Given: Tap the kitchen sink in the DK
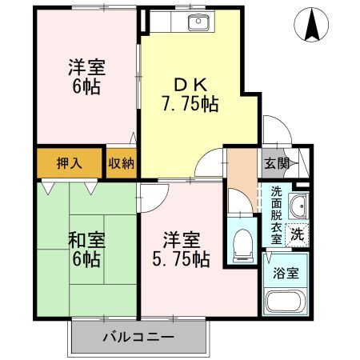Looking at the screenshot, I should point(198,22).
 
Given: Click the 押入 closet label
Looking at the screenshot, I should point(68,162).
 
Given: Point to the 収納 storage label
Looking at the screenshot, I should point(122,162).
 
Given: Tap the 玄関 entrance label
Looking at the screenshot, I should point(274,163).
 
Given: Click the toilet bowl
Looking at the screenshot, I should point(242,239).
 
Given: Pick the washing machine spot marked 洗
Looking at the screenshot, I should point(296,235).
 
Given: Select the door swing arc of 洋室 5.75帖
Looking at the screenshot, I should point(154,196).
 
